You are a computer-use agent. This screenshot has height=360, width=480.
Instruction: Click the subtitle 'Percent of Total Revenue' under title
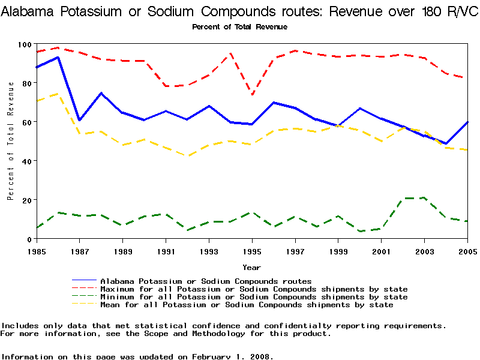[239, 27]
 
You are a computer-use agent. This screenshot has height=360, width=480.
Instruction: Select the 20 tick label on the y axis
[26, 200]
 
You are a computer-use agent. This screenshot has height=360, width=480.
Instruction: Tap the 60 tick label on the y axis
[26, 122]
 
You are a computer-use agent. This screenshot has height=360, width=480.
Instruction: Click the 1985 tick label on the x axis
[36, 250]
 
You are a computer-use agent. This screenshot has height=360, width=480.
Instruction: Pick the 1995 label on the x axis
[252, 250]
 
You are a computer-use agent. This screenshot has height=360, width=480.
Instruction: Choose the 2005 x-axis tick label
[467, 250]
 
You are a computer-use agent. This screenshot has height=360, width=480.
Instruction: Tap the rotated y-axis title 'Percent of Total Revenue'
[11, 142]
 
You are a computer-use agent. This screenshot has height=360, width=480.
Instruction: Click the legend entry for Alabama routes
[206, 281]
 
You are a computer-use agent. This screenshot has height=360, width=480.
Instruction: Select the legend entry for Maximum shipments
[254, 289]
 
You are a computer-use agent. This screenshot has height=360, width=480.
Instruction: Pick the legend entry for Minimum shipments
[254, 297]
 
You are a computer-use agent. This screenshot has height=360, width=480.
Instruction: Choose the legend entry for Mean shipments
[247, 305]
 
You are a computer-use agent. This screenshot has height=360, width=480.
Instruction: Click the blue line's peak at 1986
[58, 57]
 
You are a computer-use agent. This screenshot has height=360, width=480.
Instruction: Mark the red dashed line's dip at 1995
[252, 95]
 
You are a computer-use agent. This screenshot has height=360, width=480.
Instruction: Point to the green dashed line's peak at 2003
[424, 197]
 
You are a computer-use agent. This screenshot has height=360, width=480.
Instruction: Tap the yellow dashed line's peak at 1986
[58, 94]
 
